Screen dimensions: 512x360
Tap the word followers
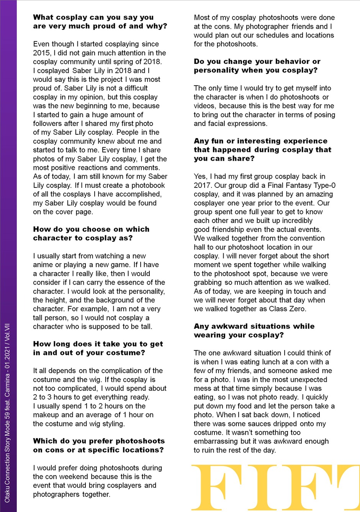coord(49,124)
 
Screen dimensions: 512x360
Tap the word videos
coord(205,106)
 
